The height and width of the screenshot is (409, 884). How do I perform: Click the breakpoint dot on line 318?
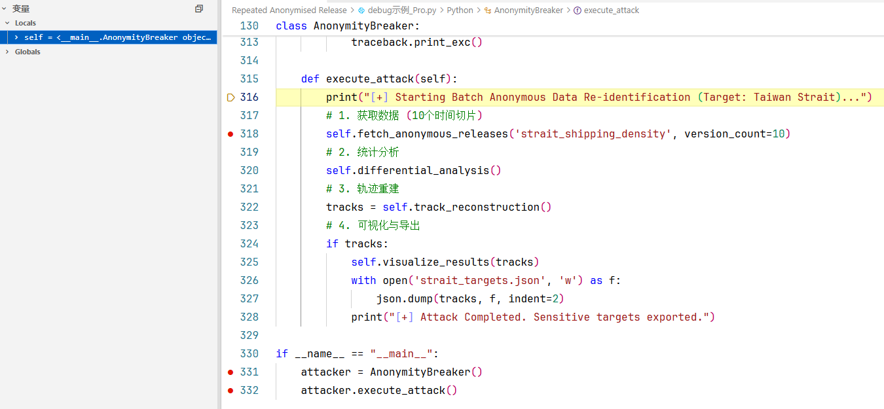coord(230,134)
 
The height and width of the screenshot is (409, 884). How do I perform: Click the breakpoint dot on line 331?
coord(230,372)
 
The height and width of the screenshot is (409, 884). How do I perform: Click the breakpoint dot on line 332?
coord(230,391)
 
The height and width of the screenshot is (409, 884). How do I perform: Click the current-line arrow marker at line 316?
coord(230,98)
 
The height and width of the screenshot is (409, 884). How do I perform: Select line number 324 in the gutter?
coord(249,243)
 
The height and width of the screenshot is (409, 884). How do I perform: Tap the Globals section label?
coord(28,52)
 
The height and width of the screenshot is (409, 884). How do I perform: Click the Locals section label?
coord(26,23)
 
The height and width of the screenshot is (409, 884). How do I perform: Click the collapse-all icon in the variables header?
coord(199,9)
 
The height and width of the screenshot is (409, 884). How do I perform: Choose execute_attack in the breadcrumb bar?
coord(611,10)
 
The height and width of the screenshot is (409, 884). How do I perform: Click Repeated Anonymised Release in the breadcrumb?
coord(289,10)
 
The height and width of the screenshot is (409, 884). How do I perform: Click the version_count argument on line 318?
coord(724,133)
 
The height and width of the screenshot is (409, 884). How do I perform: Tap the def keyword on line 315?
coord(310,79)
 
